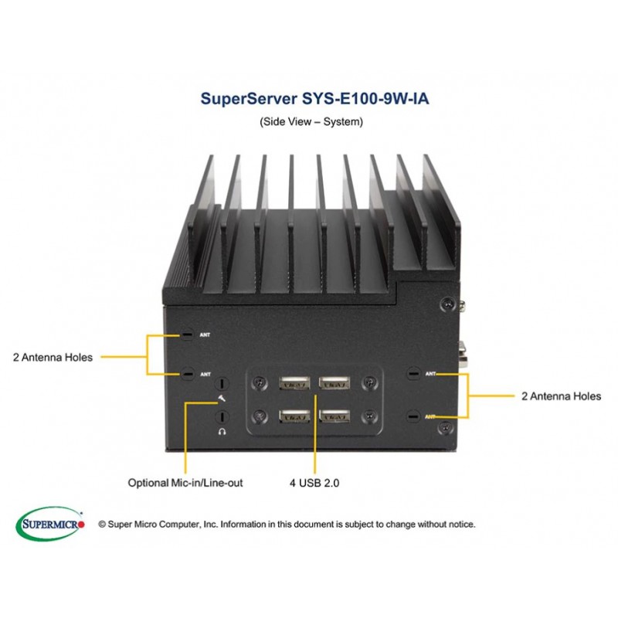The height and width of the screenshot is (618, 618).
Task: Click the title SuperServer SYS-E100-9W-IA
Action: point(314,99)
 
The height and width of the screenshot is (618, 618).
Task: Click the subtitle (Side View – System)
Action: point(311,121)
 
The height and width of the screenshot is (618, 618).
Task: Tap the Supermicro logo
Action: point(49,524)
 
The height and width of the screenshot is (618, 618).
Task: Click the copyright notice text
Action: point(287,525)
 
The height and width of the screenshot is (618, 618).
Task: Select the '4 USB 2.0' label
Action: point(314,483)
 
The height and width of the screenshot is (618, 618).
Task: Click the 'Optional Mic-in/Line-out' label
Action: point(185,483)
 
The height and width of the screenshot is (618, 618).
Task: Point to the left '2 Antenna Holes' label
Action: point(53,358)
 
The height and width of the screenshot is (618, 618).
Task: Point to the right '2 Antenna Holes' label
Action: point(562,396)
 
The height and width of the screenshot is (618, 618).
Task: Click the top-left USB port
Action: point(294,382)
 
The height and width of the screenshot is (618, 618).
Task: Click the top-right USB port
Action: point(334,382)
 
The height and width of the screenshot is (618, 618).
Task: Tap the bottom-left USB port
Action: point(294,416)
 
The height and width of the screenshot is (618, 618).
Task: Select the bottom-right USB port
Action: point(334,416)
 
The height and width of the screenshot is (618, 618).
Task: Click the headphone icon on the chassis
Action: point(222,432)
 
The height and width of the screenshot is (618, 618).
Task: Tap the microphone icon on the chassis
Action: point(222,399)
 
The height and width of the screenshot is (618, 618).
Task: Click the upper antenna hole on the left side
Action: point(187,335)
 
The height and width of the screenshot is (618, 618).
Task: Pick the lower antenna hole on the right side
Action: point(413,416)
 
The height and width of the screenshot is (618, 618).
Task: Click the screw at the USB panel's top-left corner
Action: point(260,382)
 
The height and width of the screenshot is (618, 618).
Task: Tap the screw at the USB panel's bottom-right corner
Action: point(369,416)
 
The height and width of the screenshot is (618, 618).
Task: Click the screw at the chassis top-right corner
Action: point(447,304)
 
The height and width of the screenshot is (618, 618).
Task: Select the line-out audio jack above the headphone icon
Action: point(222,417)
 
